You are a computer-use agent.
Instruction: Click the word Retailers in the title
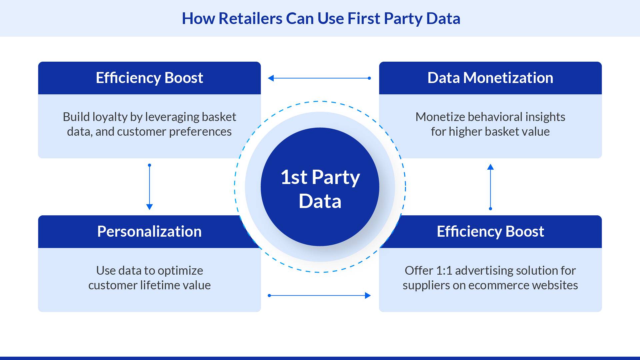[250, 18]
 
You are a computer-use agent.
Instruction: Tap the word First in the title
[364, 18]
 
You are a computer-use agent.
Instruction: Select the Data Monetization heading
[490, 78]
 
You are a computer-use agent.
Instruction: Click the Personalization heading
[149, 231]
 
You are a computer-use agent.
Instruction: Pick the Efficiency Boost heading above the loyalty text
[149, 78]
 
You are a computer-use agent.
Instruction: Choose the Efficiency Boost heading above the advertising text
[490, 232]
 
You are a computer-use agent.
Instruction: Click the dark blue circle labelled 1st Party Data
[320, 187]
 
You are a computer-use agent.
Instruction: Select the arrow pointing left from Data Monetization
[320, 78]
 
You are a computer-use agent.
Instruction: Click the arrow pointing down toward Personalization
[149, 187]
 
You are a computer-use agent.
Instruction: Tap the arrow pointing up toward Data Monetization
[490, 187]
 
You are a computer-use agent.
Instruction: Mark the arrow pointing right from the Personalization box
[319, 295]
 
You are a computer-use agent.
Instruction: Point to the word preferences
[200, 132]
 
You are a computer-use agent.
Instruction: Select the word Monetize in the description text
[440, 117]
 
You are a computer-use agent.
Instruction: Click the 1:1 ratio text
[444, 271]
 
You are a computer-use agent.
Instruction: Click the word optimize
[180, 271]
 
